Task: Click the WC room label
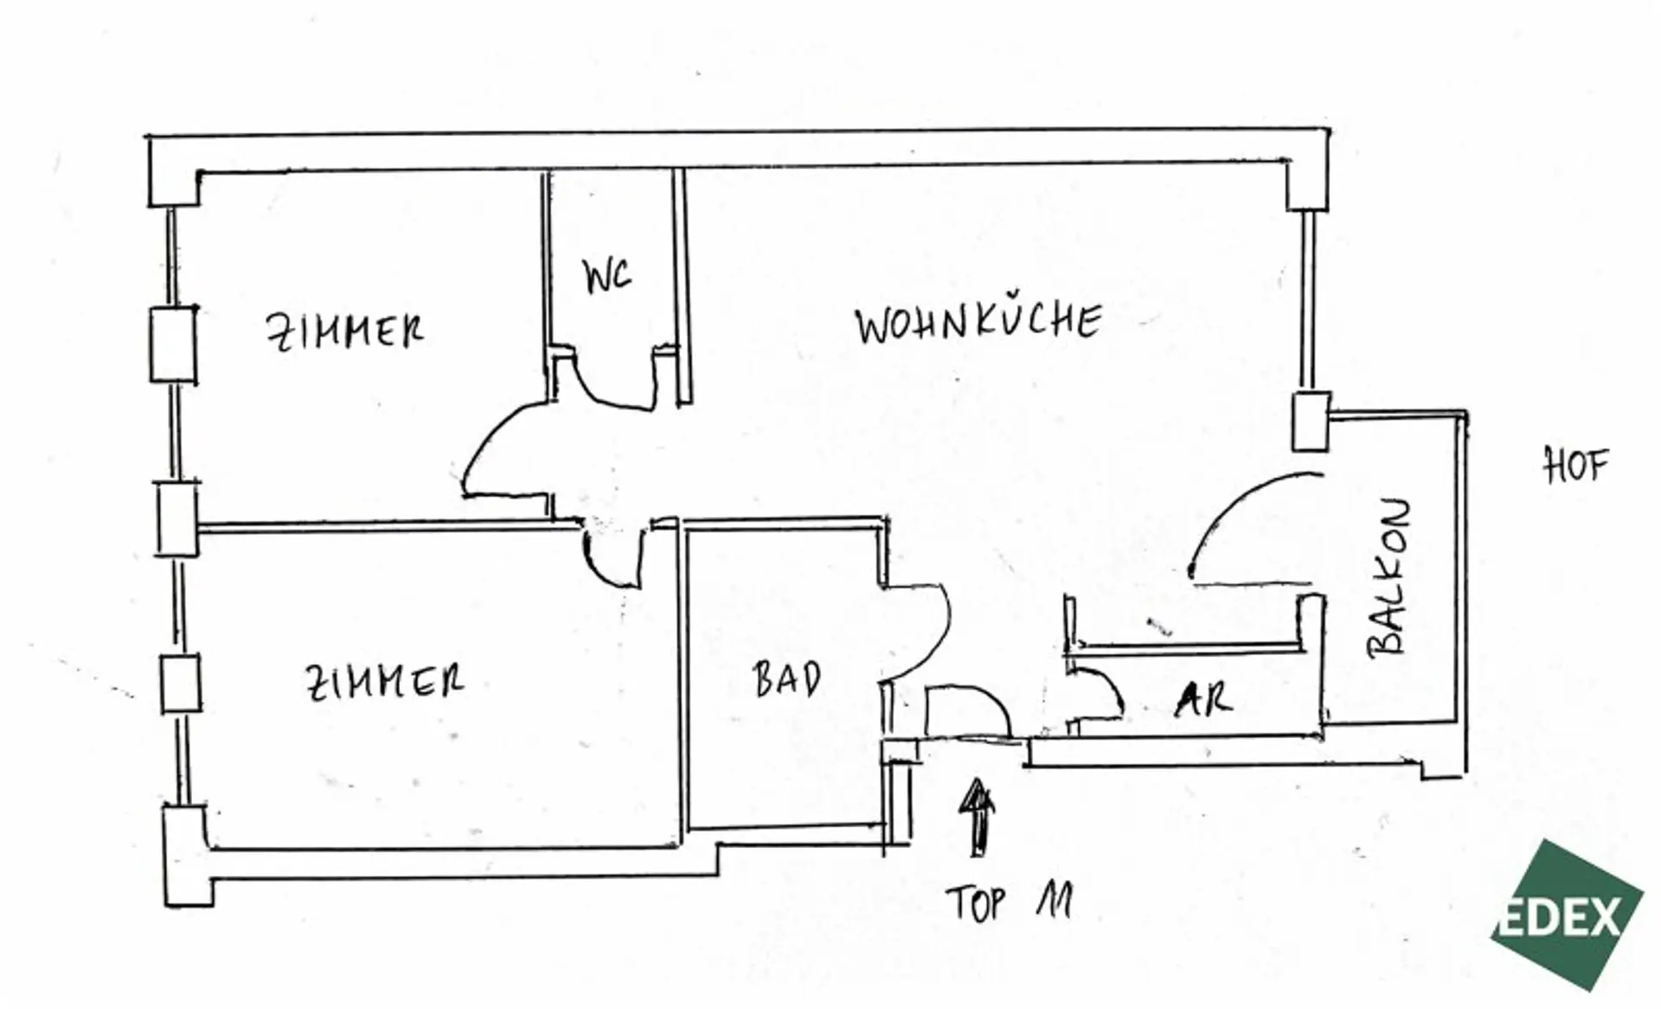tap(607, 276)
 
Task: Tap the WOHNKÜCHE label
tap(978, 323)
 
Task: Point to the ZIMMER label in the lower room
tap(385, 682)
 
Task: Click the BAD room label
tap(786, 679)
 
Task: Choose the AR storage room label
tap(1203, 699)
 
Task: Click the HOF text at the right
tap(1575, 466)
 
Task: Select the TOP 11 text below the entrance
tap(1010, 903)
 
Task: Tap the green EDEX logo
tap(1567, 915)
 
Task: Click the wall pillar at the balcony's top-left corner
tap(1310, 421)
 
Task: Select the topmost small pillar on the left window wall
tap(173, 344)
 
